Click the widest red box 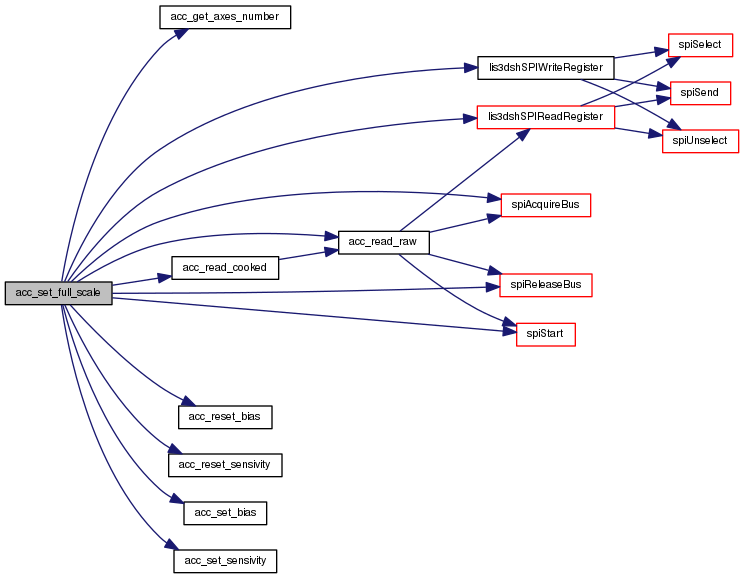point(545,117)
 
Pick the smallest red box point(545,334)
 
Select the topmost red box point(700,45)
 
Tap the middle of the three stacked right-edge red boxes point(700,94)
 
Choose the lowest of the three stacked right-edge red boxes point(700,141)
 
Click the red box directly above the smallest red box point(545,285)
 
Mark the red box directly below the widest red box point(545,205)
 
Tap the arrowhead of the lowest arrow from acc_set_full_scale point(173,546)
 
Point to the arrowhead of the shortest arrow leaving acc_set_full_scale point(166,276)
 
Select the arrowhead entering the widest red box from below point(524,133)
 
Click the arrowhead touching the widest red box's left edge point(470,118)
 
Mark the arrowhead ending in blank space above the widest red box point(472,68)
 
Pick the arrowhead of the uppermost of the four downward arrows point(189,402)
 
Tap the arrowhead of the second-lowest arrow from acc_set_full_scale point(178,499)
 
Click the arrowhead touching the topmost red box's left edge point(661,50)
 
